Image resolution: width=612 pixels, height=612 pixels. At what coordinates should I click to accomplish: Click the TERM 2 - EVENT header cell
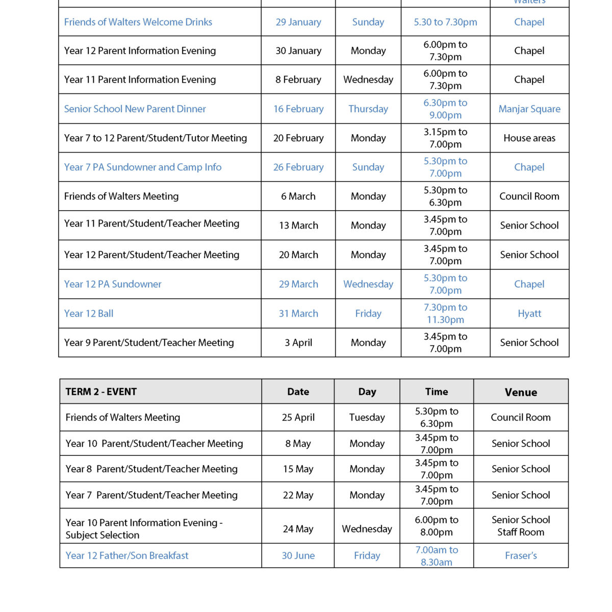tap(101, 392)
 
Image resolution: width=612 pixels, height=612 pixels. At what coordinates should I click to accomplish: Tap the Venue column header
tap(521, 392)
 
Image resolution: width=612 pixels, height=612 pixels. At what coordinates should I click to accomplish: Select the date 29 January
tap(298, 22)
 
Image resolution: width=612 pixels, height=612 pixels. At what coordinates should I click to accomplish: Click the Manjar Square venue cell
tap(529, 109)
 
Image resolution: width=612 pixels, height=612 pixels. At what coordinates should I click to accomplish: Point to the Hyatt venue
tap(529, 314)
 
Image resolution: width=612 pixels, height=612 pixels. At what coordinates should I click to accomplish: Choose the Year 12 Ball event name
tap(89, 314)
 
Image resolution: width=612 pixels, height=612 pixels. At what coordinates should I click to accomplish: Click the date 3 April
tap(298, 343)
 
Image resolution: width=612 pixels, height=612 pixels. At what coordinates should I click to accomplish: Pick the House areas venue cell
tap(529, 138)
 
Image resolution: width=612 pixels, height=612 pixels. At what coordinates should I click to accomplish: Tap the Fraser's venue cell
tap(521, 555)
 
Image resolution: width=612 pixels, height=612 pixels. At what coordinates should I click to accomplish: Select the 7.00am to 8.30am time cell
tap(437, 556)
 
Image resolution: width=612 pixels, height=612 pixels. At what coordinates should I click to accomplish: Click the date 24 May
tap(298, 529)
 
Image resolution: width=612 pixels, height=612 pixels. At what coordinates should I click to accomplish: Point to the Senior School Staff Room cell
tap(521, 526)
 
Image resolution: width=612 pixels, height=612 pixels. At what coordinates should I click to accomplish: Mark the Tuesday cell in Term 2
tap(367, 417)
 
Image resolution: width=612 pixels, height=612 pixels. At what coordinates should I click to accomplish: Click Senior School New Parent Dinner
tap(135, 109)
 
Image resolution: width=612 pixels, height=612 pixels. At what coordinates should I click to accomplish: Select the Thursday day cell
tap(368, 109)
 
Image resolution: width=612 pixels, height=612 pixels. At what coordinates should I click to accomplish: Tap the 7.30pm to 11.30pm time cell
tap(445, 314)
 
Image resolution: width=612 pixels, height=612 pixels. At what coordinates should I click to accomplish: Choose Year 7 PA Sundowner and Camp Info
tap(143, 167)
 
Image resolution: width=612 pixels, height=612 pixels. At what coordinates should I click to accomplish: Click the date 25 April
tap(298, 417)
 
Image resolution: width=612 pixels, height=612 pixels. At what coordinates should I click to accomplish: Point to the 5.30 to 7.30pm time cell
tap(445, 22)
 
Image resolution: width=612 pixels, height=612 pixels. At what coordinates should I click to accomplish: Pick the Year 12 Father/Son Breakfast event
tap(127, 555)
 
